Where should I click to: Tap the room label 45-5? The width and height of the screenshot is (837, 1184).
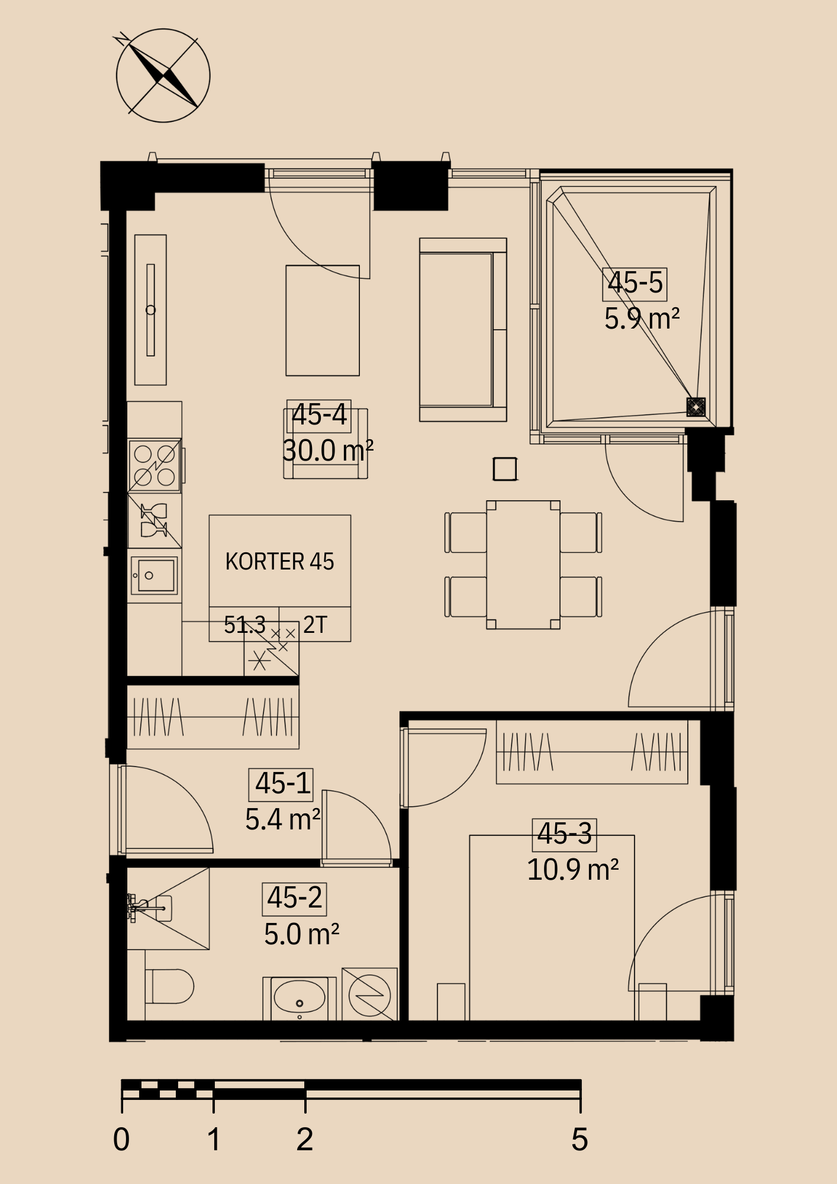tap(635, 283)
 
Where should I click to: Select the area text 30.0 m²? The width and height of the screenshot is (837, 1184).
tap(328, 451)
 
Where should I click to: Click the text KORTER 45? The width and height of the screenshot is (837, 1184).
tap(279, 561)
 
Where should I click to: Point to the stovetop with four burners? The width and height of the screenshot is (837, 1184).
tap(154, 465)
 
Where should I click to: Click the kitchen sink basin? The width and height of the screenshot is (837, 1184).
tap(153, 575)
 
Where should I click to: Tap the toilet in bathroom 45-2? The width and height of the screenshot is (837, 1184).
tap(170, 986)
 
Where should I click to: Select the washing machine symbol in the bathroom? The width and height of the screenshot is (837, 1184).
tap(369, 995)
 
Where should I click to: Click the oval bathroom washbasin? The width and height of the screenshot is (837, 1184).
tap(300, 998)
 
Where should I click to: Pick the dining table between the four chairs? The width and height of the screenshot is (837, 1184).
tap(523, 565)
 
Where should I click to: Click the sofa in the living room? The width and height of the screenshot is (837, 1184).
tap(463, 330)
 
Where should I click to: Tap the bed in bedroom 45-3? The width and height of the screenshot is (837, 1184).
tap(552, 928)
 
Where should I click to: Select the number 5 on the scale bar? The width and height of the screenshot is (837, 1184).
tap(580, 1138)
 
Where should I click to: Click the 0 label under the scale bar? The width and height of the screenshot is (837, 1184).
tap(121, 1138)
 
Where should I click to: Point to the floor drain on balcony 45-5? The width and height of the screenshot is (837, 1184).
tap(696, 407)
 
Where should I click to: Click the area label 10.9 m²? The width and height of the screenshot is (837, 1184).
tap(572, 870)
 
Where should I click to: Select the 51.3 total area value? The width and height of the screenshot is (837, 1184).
tap(244, 625)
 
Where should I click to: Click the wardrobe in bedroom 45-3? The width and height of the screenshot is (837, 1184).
tap(592, 752)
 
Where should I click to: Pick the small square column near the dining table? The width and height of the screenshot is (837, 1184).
tap(504, 469)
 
